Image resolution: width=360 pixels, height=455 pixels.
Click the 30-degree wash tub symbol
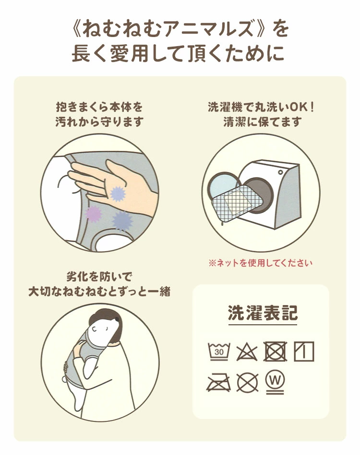[219, 351]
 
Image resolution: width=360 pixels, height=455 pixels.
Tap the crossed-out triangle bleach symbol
[247, 352]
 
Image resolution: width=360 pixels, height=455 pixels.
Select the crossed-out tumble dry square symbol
[276, 351]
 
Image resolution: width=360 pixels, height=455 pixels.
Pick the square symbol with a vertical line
[304, 351]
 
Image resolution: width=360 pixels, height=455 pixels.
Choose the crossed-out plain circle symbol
[248, 382]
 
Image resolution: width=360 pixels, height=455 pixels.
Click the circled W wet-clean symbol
[275, 382]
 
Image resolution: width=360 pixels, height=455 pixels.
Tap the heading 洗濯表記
[263, 313]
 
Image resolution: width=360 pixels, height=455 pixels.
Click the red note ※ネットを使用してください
[260, 263]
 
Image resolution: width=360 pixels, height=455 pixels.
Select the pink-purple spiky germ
[94, 214]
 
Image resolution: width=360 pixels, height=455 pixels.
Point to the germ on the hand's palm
[118, 194]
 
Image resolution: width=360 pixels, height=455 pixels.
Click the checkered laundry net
[237, 205]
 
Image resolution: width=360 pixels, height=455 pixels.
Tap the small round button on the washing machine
[280, 172]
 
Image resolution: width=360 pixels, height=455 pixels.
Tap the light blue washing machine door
[224, 186]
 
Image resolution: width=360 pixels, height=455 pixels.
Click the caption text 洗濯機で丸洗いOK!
[261, 107]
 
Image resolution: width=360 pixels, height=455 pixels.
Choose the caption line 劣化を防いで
[99, 277]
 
